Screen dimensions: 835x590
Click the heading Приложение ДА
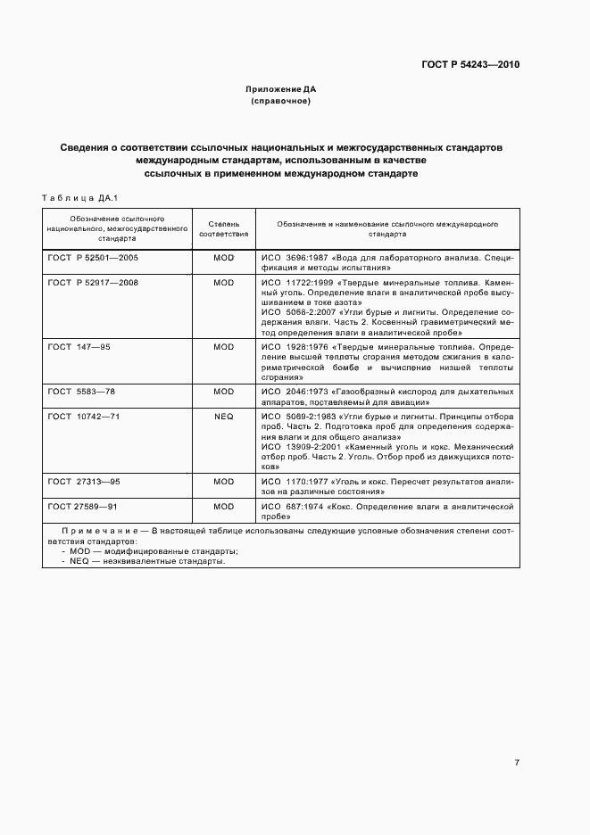[281, 90]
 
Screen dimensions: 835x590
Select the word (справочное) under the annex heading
[281, 102]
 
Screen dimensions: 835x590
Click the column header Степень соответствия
[223, 228]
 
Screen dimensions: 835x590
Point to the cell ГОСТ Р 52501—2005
[94, 257]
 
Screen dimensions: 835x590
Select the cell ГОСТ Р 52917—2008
[94, 282]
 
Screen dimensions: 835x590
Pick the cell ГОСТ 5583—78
[81, 390]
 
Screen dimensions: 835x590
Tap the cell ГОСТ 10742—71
[84, 416]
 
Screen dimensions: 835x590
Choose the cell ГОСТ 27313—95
[84, 480]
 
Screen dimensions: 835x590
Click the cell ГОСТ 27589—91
[83, 506]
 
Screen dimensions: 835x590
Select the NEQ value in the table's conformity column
[223, 416]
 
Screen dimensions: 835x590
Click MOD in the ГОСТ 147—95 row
[223, 345]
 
